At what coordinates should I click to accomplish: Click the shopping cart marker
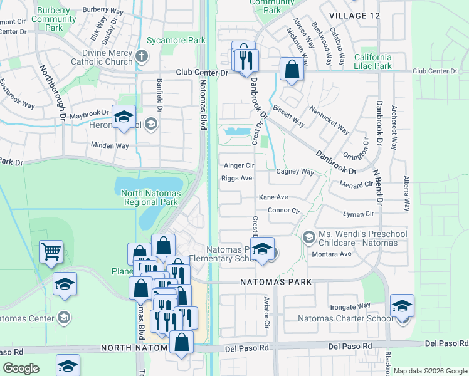coord(51,252)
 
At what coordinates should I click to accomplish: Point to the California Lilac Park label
coord(373,61)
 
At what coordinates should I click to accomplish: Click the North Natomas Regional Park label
coord(150,197)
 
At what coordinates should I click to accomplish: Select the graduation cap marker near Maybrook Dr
coord(124,117)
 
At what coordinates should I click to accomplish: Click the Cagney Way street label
coord(294,172)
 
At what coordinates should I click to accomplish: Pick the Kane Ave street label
coord(273,197)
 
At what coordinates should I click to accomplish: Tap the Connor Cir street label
coord(283,211)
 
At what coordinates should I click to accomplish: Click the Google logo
coord(21,368)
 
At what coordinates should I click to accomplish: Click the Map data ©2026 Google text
coord(430,371)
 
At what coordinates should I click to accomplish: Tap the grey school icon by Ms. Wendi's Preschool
coord(308,236)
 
